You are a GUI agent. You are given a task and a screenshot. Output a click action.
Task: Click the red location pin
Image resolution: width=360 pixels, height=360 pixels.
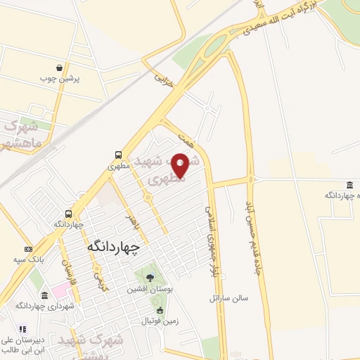pos(180,165)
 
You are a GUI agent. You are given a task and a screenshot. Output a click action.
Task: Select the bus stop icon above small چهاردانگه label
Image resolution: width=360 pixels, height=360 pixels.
pos(69,213)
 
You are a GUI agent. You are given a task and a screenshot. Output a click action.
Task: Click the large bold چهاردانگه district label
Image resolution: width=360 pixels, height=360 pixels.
pos(113,247)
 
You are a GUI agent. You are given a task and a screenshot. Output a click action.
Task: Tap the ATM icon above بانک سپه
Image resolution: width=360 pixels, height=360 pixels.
pos(28,249)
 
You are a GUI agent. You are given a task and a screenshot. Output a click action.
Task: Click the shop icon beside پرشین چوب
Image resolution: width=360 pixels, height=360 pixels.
pos(61,68)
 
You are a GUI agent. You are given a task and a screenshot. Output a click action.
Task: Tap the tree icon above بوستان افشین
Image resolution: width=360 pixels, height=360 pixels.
pos(148,277)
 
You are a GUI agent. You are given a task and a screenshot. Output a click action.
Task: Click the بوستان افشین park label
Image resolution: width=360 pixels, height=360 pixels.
pos(148,289)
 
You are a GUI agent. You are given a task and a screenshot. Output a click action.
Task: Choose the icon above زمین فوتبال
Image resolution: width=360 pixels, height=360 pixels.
pos(160,310)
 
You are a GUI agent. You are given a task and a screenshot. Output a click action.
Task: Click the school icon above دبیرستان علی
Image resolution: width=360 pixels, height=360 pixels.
pos(21,329)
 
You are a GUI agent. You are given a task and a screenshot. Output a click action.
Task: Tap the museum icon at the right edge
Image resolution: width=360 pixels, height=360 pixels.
pos(349,185)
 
